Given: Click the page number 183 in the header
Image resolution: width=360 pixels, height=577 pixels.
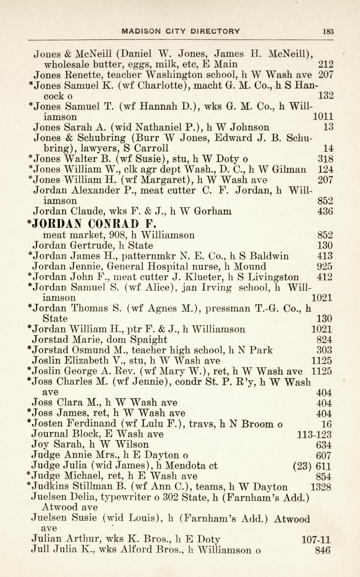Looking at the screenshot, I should point(328,31).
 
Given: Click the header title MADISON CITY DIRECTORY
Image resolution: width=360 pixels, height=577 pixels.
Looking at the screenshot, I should point(181,31).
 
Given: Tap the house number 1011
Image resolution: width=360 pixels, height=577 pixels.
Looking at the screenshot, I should point(323,116).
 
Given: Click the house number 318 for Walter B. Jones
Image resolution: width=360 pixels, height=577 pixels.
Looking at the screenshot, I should point(326,159).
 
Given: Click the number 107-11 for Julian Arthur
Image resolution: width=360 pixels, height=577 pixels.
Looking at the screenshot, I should point(316,540).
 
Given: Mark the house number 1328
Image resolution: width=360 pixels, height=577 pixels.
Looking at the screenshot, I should point(321,487).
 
